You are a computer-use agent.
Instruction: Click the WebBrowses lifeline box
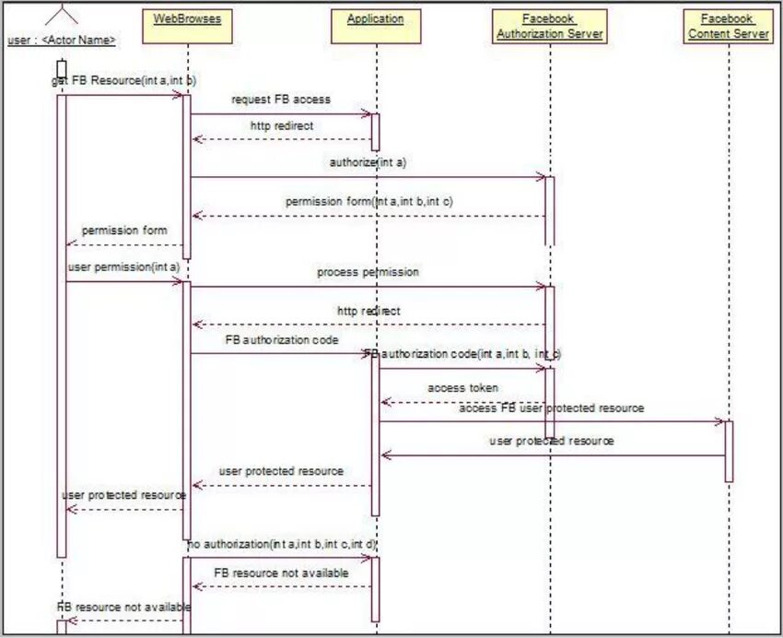(x=187, y=26)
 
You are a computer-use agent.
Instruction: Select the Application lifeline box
(x=376, y=26)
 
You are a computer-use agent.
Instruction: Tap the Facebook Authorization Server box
(x=549, y=26)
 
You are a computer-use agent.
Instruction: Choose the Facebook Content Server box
(x=728, y=26)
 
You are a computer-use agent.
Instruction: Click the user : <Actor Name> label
(x=62, y=41)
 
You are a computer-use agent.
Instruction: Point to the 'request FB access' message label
(x=280, y=99)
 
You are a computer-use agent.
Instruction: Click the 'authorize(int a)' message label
(x=368, y=162)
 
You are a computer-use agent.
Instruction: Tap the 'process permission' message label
(x=368, y=272)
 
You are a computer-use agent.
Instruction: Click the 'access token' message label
(x=462, y=388)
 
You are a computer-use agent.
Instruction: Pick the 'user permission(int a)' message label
(x=123, y=267)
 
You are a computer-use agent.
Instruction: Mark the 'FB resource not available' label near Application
(x=281, y=573)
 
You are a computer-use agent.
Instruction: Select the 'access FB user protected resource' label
(x=551, y=408)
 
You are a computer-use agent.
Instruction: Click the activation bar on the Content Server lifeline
(x=728, y=451)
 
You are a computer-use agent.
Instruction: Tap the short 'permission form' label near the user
(x=124, y=230)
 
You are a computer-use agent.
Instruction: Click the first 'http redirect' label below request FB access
(x=281, y=124)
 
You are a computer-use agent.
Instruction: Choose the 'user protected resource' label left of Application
(x=281, y=471)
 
